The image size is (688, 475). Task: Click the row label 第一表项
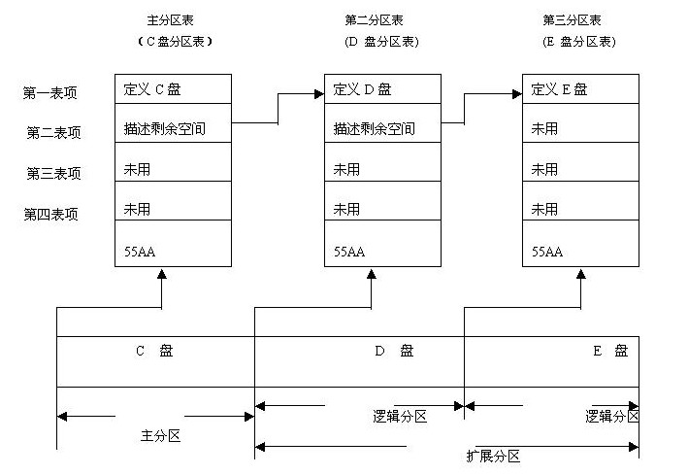[x=50, y=93]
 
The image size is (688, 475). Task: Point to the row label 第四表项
[x=50, y=214]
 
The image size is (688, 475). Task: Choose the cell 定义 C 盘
[x=152, y=89]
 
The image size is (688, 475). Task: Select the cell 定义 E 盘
[x=560, y=89]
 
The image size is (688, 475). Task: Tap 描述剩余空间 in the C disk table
[x=164, y=128]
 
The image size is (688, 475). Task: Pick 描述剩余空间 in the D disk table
[x=374, y=128]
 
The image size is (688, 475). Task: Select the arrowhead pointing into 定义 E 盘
[x=516, y=94]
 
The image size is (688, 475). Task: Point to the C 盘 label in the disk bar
[x=152, y=352]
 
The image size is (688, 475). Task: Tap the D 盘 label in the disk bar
[x=394, y=352]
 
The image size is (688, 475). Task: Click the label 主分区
[x=160, y=436]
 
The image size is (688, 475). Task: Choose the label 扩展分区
[x=493, y=456]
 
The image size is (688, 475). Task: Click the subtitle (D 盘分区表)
[x=381, y=42]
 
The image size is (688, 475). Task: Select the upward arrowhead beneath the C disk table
[x=162, y=274]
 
